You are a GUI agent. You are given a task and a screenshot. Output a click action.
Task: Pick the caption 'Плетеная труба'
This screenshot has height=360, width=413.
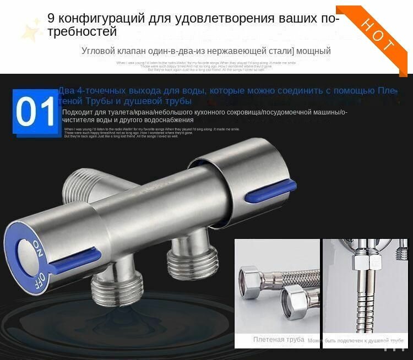(x=279, y=340)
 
